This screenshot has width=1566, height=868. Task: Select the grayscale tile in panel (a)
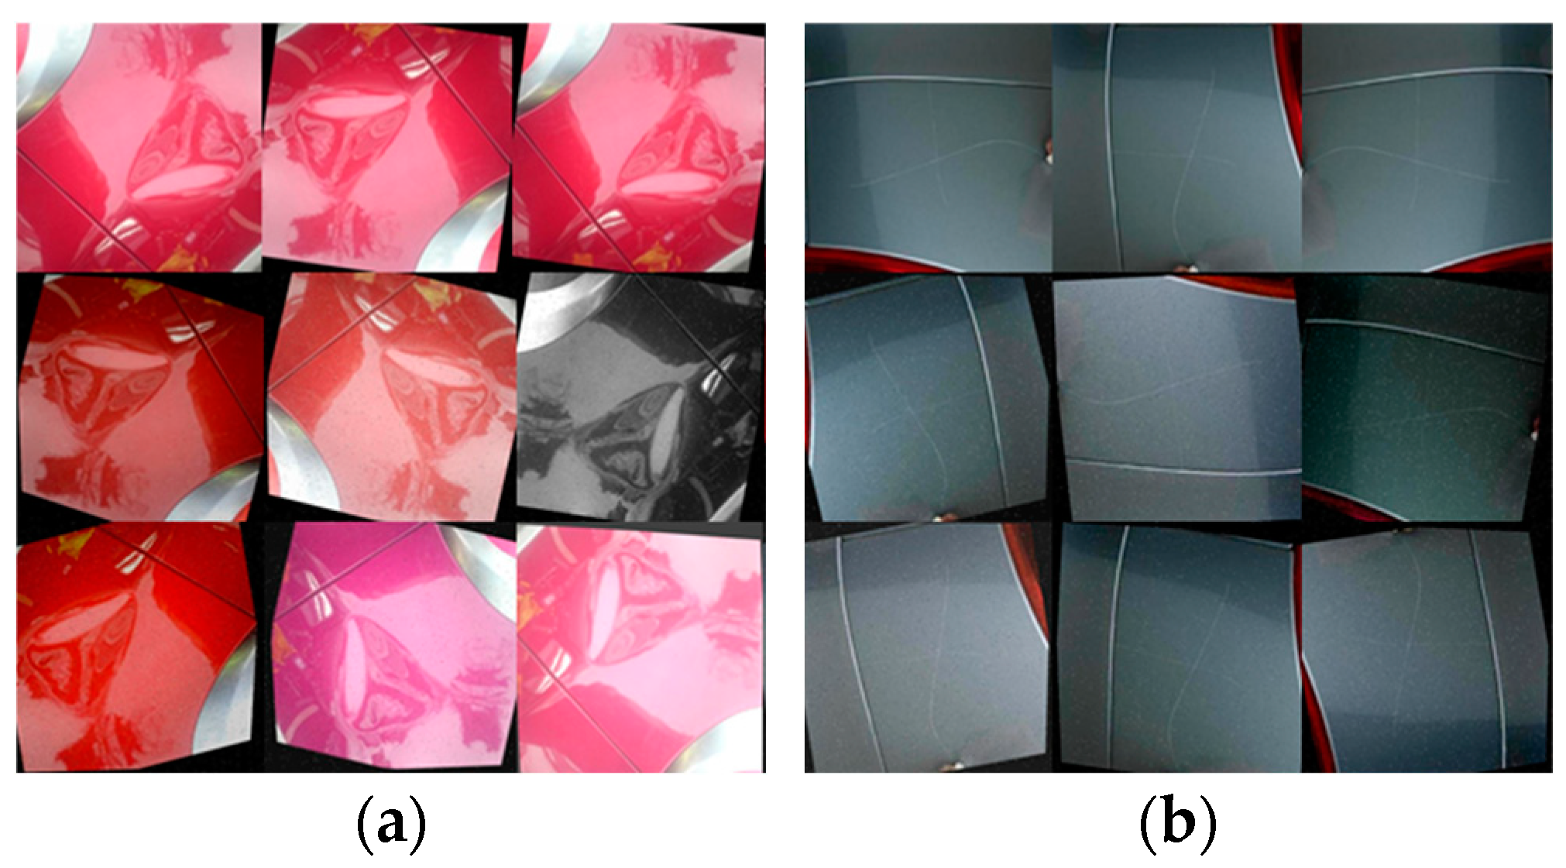click(x=640, y=396)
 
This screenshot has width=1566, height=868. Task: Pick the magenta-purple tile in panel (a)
click(x=393, y=648)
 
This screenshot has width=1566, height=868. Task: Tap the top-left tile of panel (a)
click(x=139, y=147)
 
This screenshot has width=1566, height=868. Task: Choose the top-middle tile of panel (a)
click(x=387, y=147)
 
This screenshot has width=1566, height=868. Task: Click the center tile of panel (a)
click(x=392, y=396)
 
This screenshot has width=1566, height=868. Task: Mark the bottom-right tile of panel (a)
click(x=641, y=648)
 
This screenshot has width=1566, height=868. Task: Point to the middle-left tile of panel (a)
click(x=142, y=396)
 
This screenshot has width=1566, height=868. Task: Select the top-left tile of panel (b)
click(x=929, y=147)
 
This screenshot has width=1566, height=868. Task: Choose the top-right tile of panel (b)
click(x=1427, y=147)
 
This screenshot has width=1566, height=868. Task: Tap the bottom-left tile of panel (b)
click(x=928, y=648)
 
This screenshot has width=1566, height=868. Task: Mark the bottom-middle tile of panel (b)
click(x=1178, y=648)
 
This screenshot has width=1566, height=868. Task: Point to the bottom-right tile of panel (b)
click(x=1426, y=648)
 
